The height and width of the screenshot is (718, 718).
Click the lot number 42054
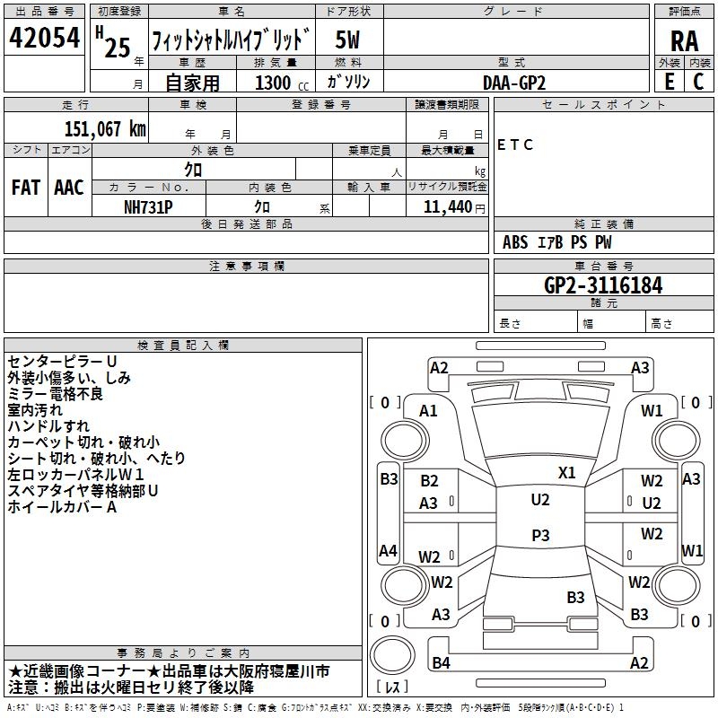pos(43,39)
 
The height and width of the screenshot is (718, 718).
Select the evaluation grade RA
pos(684,40)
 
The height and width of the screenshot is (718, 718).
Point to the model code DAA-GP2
pos(514,82)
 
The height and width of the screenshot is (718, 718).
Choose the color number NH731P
pos(149,206)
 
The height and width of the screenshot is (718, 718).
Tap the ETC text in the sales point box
pos(515,145)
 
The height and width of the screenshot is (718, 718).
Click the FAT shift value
pos(25,188)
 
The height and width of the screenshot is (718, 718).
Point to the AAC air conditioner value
pos(68,188)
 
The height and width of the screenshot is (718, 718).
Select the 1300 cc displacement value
pos(277,83)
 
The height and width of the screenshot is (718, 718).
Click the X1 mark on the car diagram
pos(567,472)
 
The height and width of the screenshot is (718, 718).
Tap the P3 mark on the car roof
pos(540,535)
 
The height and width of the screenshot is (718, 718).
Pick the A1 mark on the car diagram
pos(429,411)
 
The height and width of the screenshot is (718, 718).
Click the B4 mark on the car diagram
pos(441,663)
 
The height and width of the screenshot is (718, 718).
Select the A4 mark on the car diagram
pos(388,550)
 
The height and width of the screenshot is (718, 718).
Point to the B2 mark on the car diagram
pos(430,482)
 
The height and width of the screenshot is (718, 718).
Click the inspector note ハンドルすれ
pos(48,426)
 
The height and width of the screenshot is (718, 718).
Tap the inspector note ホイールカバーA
pos(63,507)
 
